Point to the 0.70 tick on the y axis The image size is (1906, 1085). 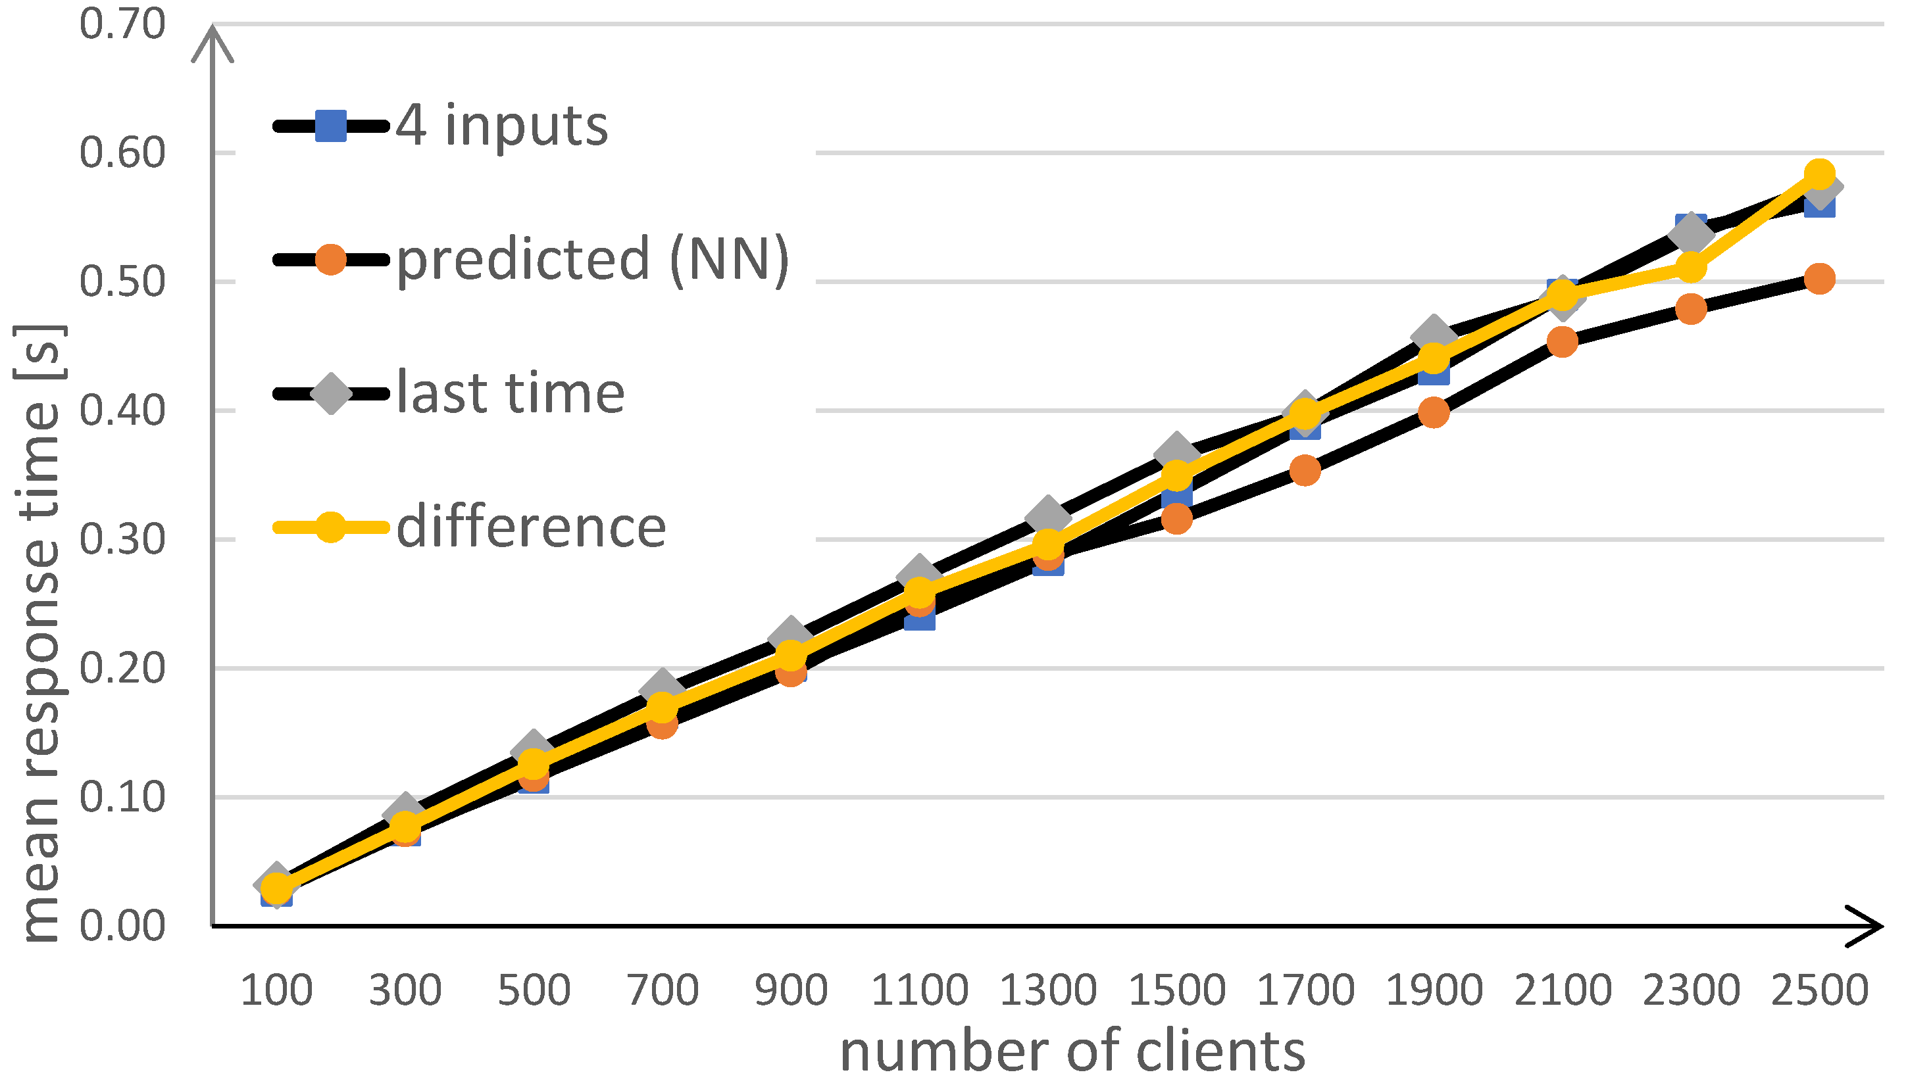pos(122,24)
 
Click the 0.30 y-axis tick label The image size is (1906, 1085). pos(122,539)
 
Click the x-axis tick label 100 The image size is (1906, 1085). pos(276,990)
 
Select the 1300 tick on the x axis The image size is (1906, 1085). pos(1048,990)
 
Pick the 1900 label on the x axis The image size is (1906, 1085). pos(1434,990)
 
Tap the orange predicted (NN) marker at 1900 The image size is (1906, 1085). pos(1434,412)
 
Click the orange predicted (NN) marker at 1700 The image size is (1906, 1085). pos(1305,470)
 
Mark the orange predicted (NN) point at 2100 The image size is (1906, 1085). pos(1563,342)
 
